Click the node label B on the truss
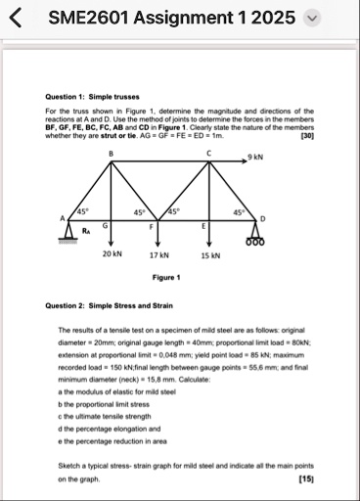coord(111,154)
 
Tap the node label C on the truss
coord(207,154)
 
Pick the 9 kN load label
coord(255,157)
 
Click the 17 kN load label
coord(159,254)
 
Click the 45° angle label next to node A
coord(83,211)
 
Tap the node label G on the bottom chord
coord(105,226)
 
